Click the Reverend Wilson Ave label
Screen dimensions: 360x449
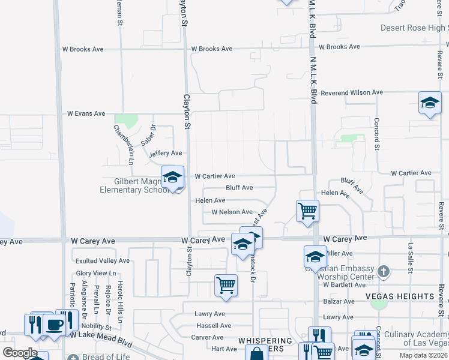tap(352, 92)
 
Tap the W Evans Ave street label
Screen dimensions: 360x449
tap(86, 113)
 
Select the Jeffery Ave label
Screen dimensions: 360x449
tap(165, 153)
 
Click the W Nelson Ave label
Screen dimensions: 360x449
tap(232, 212)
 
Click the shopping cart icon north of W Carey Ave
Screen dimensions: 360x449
tap(307, 211)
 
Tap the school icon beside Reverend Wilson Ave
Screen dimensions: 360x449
tap(430, 102)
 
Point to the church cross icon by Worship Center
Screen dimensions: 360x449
tap(384, 272)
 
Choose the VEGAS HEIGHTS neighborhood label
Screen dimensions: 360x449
tap(399, 296)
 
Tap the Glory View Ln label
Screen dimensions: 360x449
tap(95, 273)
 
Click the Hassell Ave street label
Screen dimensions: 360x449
tap(213, 325)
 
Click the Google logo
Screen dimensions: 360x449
tap(20, 352)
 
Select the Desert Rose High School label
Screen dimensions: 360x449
tap(414, 28)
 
